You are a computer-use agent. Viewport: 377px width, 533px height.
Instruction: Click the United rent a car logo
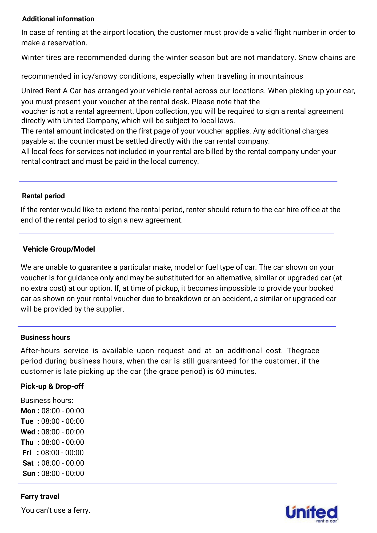coord(312,513)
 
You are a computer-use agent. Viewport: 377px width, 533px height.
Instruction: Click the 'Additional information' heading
coord(58,19)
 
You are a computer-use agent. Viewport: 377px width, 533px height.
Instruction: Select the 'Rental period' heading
coord(43,196)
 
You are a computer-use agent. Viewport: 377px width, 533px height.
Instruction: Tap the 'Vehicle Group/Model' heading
coord(59,249)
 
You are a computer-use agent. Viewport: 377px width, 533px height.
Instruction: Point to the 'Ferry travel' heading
coord(40,496)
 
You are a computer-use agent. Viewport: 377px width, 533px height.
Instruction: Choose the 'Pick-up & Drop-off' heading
coord(52,386)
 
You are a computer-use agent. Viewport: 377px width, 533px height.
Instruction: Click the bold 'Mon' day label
coord(28,411)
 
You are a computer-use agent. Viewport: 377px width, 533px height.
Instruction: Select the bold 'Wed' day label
coord(28,432)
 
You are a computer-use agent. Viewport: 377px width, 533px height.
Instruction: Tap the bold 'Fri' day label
coord(27,453)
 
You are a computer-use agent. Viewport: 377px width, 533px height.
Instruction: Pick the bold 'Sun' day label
coord(29,473)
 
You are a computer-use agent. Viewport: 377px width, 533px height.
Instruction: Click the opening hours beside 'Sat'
coord(63,463)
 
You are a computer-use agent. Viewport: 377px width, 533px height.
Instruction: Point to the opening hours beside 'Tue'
coord(63,421)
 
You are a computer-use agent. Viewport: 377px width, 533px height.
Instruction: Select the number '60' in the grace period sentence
coord(220,371)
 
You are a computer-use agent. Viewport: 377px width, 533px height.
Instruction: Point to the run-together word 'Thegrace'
coord(303,350)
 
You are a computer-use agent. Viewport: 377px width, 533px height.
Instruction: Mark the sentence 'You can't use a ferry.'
coord(56,510)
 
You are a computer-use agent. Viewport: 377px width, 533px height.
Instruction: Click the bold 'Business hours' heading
coord(45,337)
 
